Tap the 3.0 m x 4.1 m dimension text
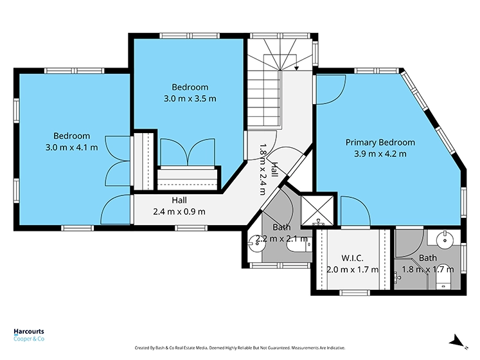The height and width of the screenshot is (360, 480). (71, 147)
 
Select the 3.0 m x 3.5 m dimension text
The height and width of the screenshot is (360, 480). (190, 99)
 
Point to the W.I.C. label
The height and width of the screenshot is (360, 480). (352, 258)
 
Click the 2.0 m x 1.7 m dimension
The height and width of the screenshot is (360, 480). (352, 269)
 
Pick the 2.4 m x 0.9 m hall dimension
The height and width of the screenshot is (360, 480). (179, 212)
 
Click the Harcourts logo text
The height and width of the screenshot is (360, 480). (30, 332)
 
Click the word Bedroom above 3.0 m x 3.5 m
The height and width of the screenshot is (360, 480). (190, 87)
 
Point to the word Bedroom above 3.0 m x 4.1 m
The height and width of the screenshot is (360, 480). (71, 136)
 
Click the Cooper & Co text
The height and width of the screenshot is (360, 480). (30, 339)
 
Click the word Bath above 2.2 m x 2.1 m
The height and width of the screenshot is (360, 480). (281, 228)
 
